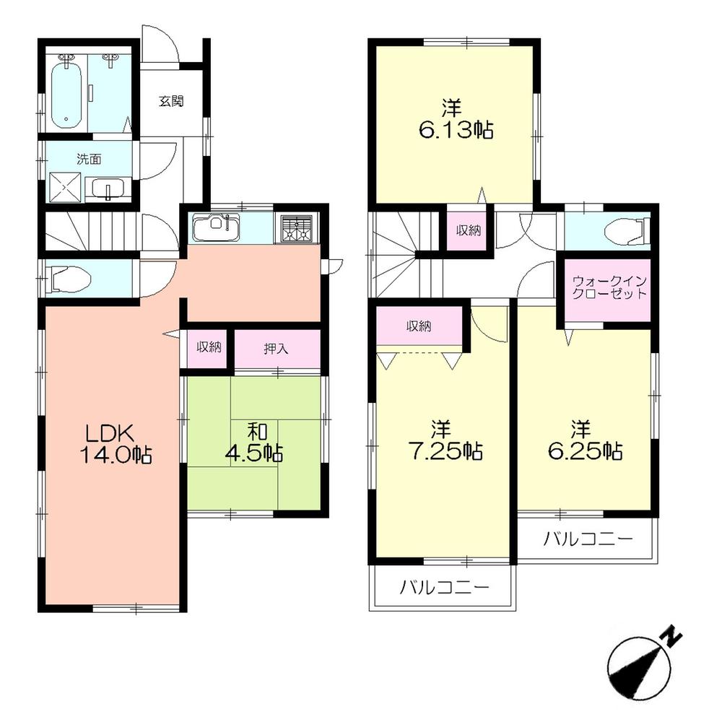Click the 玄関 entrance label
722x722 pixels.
pyautogui.click(x=171, y=101)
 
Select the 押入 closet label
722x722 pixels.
pyautogui.click(x=275, y=349)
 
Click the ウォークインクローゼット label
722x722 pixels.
pyautogui.click(x=609, y=288)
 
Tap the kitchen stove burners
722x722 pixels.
pyautogui.click(x=295, y=228)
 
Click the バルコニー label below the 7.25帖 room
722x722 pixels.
pyautogui.click(x=445, y=587)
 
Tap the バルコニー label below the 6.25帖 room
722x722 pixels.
pyautogui.click(x=588, y=538)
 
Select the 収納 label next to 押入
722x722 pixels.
pyautogui.click(x=209, y=347)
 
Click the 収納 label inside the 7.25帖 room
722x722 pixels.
pyautogui.click(x=418, y=326)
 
